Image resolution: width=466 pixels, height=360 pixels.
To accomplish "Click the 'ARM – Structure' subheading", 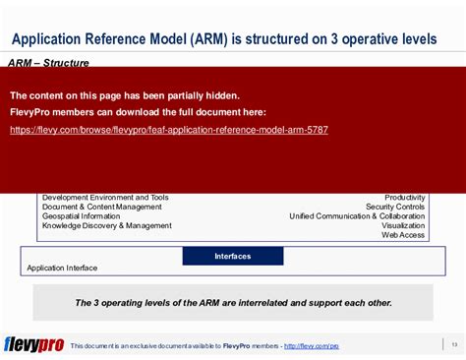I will tap(48, 64).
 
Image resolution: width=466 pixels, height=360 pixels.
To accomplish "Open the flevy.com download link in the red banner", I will tap(170, 130).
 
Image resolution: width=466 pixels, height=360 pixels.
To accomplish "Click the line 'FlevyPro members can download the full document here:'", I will tap(138, 113).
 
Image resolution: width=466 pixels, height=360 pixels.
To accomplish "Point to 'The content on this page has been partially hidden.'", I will tap(125, 95).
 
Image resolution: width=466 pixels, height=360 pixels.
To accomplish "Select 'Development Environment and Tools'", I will tap(105, 198).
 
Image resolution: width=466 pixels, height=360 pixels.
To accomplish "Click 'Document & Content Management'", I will tap(102, 207).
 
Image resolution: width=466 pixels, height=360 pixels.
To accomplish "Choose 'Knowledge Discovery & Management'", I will tap(107, 225).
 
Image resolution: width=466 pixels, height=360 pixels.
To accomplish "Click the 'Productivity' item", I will tap(404, 198).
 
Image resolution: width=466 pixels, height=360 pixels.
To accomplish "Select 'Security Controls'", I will tap(395, 207).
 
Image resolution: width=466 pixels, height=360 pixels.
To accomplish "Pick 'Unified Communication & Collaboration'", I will tap(357, 216).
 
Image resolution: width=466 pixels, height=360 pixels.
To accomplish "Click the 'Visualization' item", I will tap(403, 225).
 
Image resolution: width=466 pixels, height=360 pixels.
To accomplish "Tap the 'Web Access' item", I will tap(403, 235).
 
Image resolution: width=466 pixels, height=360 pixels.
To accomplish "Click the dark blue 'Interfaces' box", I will tap(233, 256).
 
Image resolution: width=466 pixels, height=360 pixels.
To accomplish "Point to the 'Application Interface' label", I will tap(62, 268).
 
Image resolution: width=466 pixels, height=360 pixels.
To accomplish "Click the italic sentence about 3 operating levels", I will tap(233, 302).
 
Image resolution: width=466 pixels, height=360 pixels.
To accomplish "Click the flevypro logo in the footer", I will tap(34, 344).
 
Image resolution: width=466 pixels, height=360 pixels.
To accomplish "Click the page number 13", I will tap(454, 343).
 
